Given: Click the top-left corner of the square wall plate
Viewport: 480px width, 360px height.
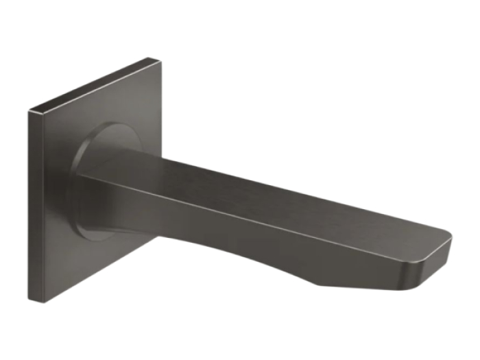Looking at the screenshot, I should pos(29,110).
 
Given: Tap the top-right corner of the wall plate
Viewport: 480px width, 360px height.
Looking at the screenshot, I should pos(162,59).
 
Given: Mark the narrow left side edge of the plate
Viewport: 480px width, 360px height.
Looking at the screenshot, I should pos(31,206).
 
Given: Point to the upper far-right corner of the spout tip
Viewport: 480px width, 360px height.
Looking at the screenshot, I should pos(451,237).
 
